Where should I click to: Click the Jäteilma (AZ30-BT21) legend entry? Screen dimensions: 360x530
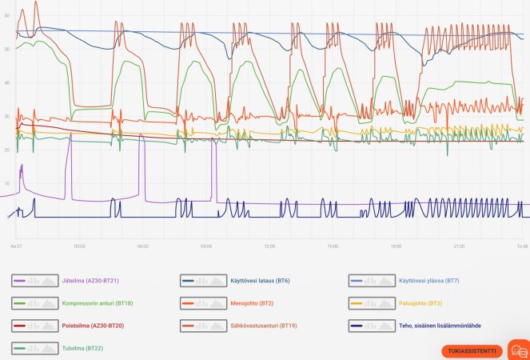[91, 282]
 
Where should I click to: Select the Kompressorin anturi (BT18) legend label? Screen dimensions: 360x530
[96, 304]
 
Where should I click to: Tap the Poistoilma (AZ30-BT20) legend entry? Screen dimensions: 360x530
[93, 326]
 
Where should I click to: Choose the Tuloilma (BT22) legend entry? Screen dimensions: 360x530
[82, 348]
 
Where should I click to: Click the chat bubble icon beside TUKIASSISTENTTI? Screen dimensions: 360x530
[519, 351]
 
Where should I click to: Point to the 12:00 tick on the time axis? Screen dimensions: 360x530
[269, 246]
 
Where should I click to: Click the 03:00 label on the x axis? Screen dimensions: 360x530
[79, 246]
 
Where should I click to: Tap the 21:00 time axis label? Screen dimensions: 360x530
[460, 246]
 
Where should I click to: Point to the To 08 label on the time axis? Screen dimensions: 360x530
[522, 246]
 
